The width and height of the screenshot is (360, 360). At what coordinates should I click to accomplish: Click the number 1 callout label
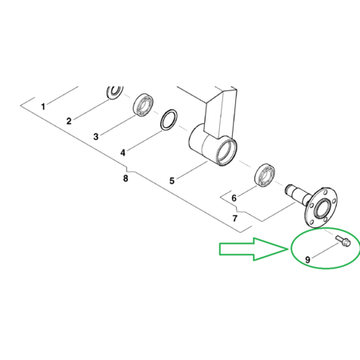click(43, 106)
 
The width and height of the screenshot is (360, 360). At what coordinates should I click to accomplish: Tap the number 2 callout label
click(69, 121)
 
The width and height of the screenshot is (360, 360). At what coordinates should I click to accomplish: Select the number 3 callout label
click(96, 137)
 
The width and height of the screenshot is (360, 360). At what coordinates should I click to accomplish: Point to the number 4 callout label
click(122, 153)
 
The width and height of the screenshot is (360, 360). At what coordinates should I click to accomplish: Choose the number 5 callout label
click(172, 181)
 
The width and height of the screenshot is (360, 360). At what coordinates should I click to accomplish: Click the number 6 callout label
click(234, 198)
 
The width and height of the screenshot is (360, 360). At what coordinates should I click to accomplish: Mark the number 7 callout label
click(234, 218)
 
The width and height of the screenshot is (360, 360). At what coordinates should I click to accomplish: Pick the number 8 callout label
click(126, 178)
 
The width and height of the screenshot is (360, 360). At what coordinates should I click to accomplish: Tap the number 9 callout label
click(308, 259)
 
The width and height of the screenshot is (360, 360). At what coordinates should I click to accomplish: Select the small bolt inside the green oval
click(343, 241)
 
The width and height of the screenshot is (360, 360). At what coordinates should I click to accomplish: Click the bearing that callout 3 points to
click(143, 105)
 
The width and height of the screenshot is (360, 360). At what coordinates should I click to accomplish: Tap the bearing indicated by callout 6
click(265, 174)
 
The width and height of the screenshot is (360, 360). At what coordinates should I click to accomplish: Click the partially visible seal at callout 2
click(115, 92)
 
